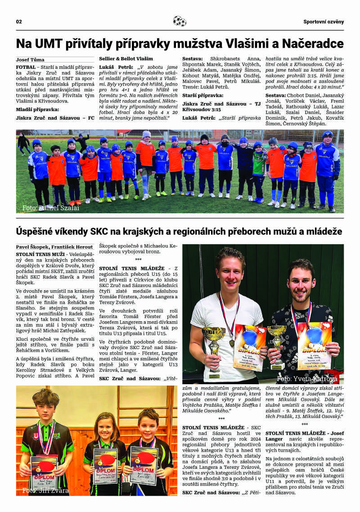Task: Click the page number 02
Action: point(19,22)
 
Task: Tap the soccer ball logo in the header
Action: point(180,21)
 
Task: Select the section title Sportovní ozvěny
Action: point(323,22)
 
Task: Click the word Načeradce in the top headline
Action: point(315,44)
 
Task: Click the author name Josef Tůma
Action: point(30,59)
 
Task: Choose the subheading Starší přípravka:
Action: point(203,95)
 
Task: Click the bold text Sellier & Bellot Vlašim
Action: point(126,58)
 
